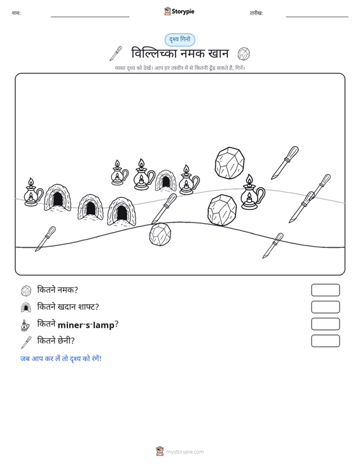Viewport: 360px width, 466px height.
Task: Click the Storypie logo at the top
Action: (x=179, y=11)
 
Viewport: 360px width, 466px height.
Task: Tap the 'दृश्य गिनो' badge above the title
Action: (x=180, y=40)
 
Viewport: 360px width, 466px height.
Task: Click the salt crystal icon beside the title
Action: (x=244, y=54)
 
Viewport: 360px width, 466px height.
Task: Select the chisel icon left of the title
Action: (x=116, y=53)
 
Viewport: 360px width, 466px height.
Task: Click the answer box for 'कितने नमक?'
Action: (x=325, y=290)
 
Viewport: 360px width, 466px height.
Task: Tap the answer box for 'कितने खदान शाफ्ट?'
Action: (x=325, y=307)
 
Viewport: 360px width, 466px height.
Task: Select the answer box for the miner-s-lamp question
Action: (x=325, y=324)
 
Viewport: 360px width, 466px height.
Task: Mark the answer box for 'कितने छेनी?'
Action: (x=325, y=341)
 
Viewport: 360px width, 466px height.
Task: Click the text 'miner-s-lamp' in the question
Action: (x=87, y=325)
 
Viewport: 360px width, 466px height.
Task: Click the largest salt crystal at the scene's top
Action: (x=230, y=163)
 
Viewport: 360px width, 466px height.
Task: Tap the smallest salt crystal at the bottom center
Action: (x=160, y=235)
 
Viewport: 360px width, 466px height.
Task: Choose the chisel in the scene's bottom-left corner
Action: (x=46, y=238)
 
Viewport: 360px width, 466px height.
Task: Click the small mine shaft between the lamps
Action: (x=165, y=181)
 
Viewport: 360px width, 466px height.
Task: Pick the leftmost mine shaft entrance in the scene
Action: (x=58, y=198)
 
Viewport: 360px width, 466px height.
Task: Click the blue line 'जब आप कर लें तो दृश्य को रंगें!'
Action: (x=61, y=359)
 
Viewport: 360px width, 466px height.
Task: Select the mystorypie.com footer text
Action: (x=185, y=452)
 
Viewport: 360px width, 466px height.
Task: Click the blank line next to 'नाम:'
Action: (x=90, y=17)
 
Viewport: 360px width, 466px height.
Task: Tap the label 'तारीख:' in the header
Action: (x=256, y=13)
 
